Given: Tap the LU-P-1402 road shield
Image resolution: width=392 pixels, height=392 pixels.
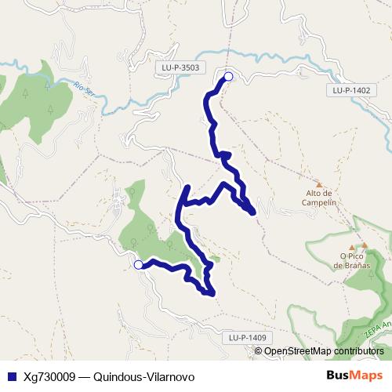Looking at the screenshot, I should tap(350, 90).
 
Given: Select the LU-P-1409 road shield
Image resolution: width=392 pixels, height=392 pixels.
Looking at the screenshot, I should tap(248, 337).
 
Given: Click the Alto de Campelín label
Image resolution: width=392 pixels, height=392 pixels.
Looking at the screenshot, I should tap(319, 197).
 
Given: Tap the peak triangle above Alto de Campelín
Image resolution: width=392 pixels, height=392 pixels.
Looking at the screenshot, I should tap(319, 185).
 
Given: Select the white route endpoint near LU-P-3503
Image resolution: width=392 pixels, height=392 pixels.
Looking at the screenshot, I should tap(229, 76).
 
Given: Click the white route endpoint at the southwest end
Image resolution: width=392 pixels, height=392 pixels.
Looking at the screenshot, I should tap(138, 265).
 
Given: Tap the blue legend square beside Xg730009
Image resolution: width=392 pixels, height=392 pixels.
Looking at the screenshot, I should tap(11, 376).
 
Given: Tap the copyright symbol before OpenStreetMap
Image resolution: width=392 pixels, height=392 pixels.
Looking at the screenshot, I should tap(259, 351).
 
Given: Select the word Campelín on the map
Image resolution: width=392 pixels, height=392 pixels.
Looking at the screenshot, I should tap(319, 201).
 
